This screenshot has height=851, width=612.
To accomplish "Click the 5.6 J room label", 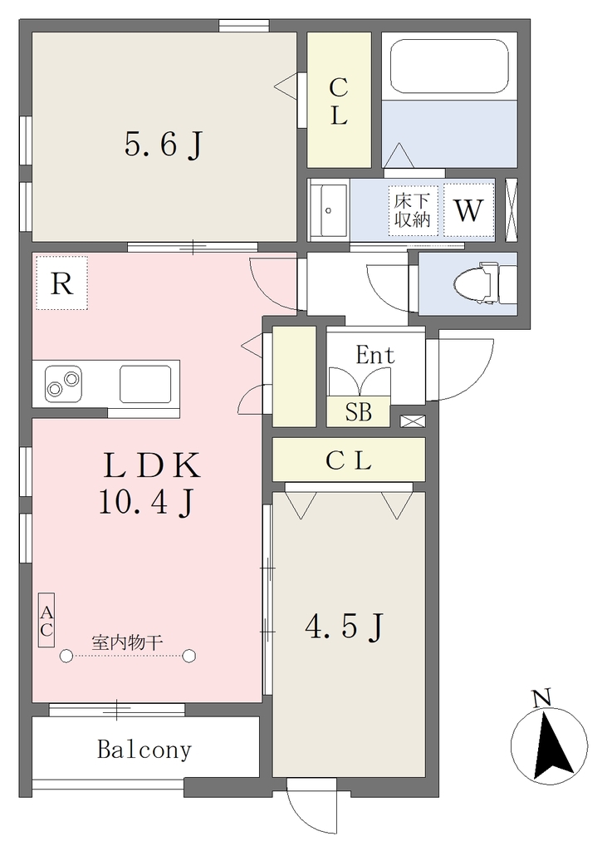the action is [x=164, y=145].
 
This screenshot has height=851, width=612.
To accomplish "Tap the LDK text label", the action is [x=152, y=466].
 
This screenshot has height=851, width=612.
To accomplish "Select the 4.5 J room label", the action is [x=345, y=627].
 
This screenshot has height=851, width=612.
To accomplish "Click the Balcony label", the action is [x=144, y=750].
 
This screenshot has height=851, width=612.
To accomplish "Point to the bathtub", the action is [x=449, y=66].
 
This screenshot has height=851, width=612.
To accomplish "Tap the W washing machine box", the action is [x=468, y=210].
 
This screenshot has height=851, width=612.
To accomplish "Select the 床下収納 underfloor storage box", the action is [x=413, y=210].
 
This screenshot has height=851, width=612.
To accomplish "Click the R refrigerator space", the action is [x=61, y=283].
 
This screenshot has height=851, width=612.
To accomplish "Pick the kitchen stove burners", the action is [x=63, y=384].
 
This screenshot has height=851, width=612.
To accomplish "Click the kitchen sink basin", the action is [x=145, y=384].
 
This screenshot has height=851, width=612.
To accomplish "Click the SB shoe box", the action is [x=358, y=411].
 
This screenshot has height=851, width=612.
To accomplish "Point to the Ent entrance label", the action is [x=375, y=356].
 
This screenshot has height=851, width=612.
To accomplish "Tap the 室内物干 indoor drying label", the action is [x=127, y=643].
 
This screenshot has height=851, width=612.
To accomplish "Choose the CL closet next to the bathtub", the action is [x=340, y=101].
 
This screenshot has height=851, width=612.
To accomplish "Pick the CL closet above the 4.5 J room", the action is [x=349, y=460].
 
